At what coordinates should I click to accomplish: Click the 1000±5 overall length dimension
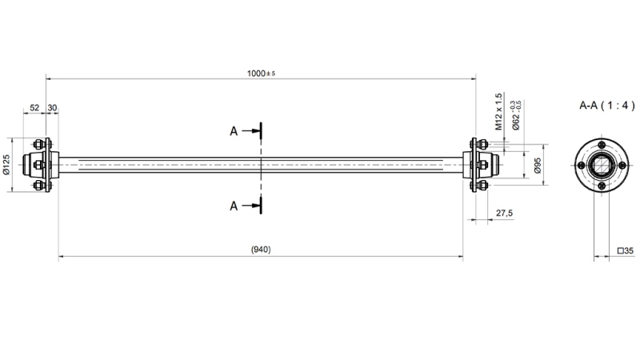pos(261,73)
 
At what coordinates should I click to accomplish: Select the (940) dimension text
pos(261,250)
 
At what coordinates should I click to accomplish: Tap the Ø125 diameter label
pos(6,165)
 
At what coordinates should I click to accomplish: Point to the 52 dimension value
pos(34,107)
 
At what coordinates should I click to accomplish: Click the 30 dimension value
pos(52,107)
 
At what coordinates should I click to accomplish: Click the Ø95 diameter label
pos(538,166)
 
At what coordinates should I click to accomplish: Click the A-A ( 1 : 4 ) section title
pos(607,105)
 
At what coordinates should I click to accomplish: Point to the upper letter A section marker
pos(234,130)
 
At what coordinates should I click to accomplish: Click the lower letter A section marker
pos(234,206)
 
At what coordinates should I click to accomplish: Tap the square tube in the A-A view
pos(601,165)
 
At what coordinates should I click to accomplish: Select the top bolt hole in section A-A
pos(601,144)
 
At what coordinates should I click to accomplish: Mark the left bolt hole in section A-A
pos(580,165)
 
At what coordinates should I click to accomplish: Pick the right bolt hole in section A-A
pos(622,165)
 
